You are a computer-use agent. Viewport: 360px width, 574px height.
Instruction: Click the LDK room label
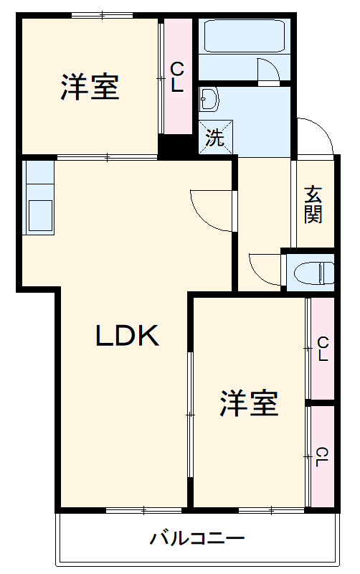click(x=127, y=336)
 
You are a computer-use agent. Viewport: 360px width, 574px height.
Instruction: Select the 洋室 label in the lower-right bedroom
click(x=249, y=405)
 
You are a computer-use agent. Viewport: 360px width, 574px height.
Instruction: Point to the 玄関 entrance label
click(x=313, y=204)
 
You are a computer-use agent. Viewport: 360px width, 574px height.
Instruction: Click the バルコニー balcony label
click(x=197, y=538)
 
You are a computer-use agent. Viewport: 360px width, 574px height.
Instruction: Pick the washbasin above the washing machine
click(x=209, y=99)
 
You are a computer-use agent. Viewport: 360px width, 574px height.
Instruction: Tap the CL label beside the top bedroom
click(x=177, y=77)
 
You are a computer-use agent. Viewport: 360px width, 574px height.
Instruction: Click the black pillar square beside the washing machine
click(x=171, y=147)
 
